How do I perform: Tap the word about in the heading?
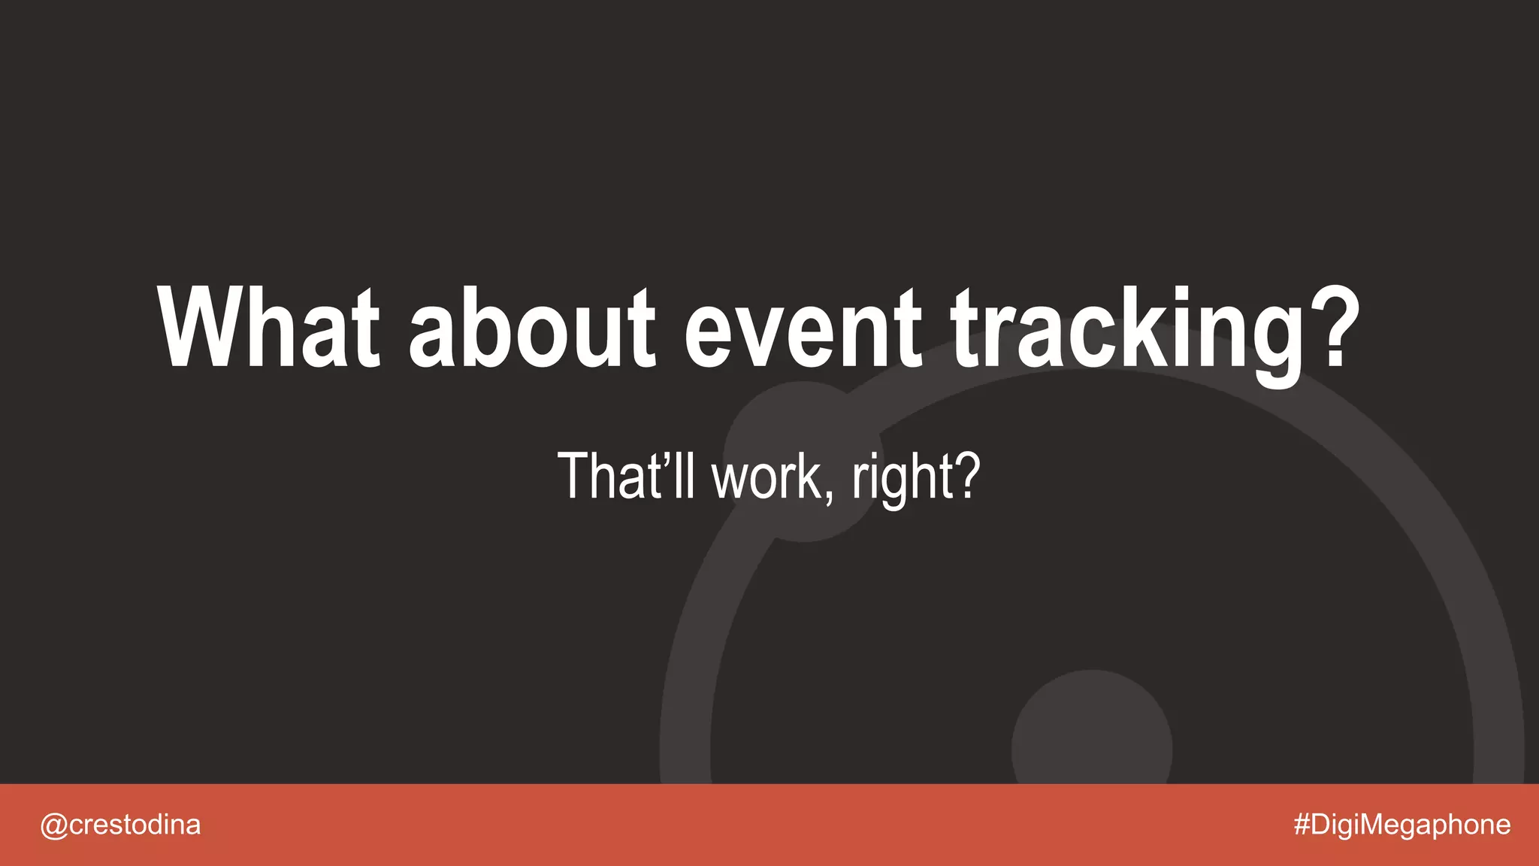(x=532, y=329)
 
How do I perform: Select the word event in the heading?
(x=803, y=329)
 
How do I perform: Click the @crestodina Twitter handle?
(x=120, y=825)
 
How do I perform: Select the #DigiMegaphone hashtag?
(x=1402, y=825)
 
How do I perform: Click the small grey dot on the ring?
(x=803, y=461)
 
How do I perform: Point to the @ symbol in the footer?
(x=53, y=825)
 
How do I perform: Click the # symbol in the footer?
(x=1302, y=825)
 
